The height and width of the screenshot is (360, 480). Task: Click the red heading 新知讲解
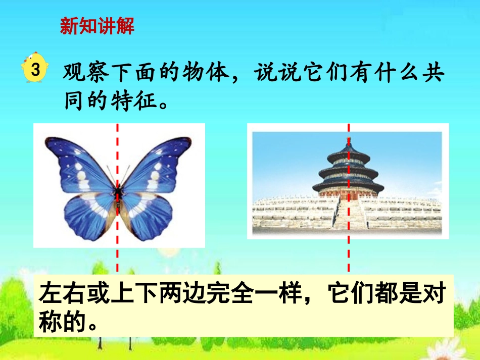pyautogui.click(x=97, y=26)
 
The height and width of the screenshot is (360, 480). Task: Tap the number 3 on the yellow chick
pyautogui.click(x=35, y=70)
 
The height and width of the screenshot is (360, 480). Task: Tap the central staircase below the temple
pyautogui.click(x=348, y=215)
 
